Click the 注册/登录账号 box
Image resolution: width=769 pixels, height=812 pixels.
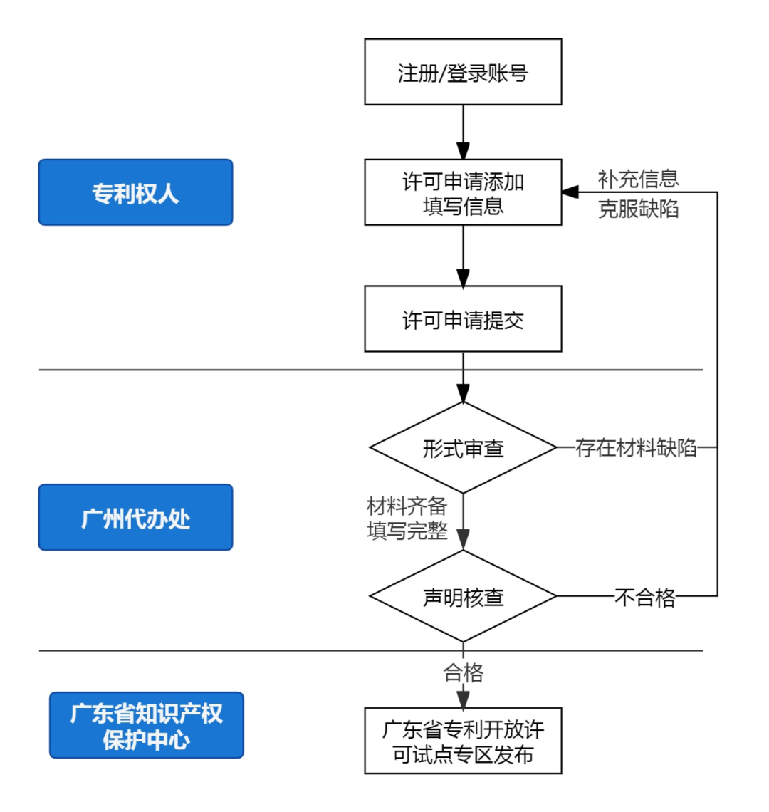[x=463, y=72]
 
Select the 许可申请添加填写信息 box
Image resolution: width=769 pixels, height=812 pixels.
[x=463, y=192]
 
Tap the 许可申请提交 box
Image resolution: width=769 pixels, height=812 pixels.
[x=463, y=319]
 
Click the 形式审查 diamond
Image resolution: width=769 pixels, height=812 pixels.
[x=463, y=448]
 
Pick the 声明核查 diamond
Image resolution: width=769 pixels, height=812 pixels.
[x=463, y=596]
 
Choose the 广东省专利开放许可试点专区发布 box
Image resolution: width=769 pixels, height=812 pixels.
[x=463, y=741]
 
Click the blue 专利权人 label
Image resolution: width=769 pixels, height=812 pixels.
[x=135, y=192]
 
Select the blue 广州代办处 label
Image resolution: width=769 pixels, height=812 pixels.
[x=135, y=517]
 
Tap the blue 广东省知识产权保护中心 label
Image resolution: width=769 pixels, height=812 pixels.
[x=146, y=725]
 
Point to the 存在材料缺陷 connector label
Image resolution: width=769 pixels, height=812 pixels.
[x=636, y=448]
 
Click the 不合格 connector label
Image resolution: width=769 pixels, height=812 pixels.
[x=644, y=597]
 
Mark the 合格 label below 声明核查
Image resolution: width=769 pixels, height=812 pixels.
[x=463, y=672]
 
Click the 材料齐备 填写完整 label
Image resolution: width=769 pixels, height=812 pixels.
[x=407, y=519]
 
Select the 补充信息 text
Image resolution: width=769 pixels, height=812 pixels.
[x=638, y=178]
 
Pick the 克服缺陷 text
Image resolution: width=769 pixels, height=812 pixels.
[x=638, y=208]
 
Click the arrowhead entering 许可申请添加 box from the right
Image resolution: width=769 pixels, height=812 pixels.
[x=570, y=192]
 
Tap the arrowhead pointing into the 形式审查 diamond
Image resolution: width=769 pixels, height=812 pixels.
[x=463, y=394]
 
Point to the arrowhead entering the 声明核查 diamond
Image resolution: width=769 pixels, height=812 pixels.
[x=463, y=540]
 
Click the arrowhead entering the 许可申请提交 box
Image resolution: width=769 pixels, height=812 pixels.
[x=463, y=278]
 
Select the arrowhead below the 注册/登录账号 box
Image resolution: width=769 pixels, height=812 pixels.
[x=463, y=151]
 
